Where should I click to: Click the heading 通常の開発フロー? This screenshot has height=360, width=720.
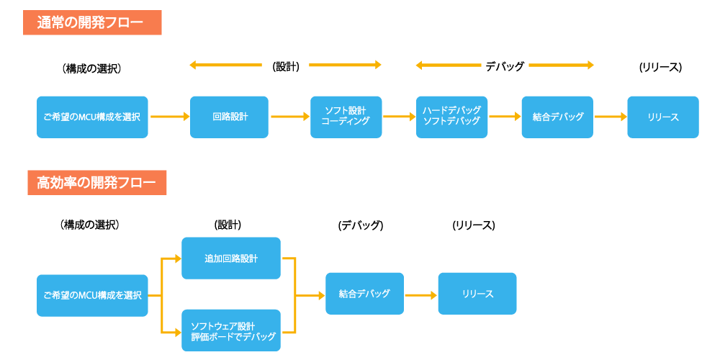tap(92, 22)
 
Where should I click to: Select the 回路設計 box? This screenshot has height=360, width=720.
tap(229, 117)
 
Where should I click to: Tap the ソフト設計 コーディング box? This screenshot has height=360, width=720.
tap(346, 117)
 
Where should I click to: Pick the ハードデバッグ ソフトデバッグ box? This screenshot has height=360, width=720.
tap(451, 117)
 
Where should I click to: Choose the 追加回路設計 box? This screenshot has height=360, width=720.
tap(230, 258)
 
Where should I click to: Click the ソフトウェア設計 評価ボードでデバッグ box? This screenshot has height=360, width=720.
tap(230, 330)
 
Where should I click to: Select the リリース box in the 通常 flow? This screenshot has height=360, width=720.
tap(662, 117)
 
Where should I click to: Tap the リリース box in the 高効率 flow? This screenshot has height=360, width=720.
tap(477, 294)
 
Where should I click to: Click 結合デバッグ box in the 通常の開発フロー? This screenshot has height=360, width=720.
tap(557, 117)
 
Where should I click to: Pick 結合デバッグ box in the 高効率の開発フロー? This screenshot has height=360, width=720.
tap(364, 294)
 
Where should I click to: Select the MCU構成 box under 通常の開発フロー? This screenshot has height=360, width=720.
tap(92, 117)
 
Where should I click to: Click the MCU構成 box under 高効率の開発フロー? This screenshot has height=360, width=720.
tap(92, 295)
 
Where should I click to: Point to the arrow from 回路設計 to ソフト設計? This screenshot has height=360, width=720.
tap(289, 116)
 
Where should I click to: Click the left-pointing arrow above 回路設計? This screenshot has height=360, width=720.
tap(226, 66)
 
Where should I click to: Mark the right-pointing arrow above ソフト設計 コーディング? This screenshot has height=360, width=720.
tap(345, 66)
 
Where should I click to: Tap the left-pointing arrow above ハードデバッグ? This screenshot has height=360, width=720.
tap(449, 66)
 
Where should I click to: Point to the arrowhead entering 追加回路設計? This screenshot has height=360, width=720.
tap(177, 258)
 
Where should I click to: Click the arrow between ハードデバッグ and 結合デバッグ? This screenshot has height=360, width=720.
tap(505, 116)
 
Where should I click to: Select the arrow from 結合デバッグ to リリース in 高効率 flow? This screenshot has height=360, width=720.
tap(420, 294)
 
